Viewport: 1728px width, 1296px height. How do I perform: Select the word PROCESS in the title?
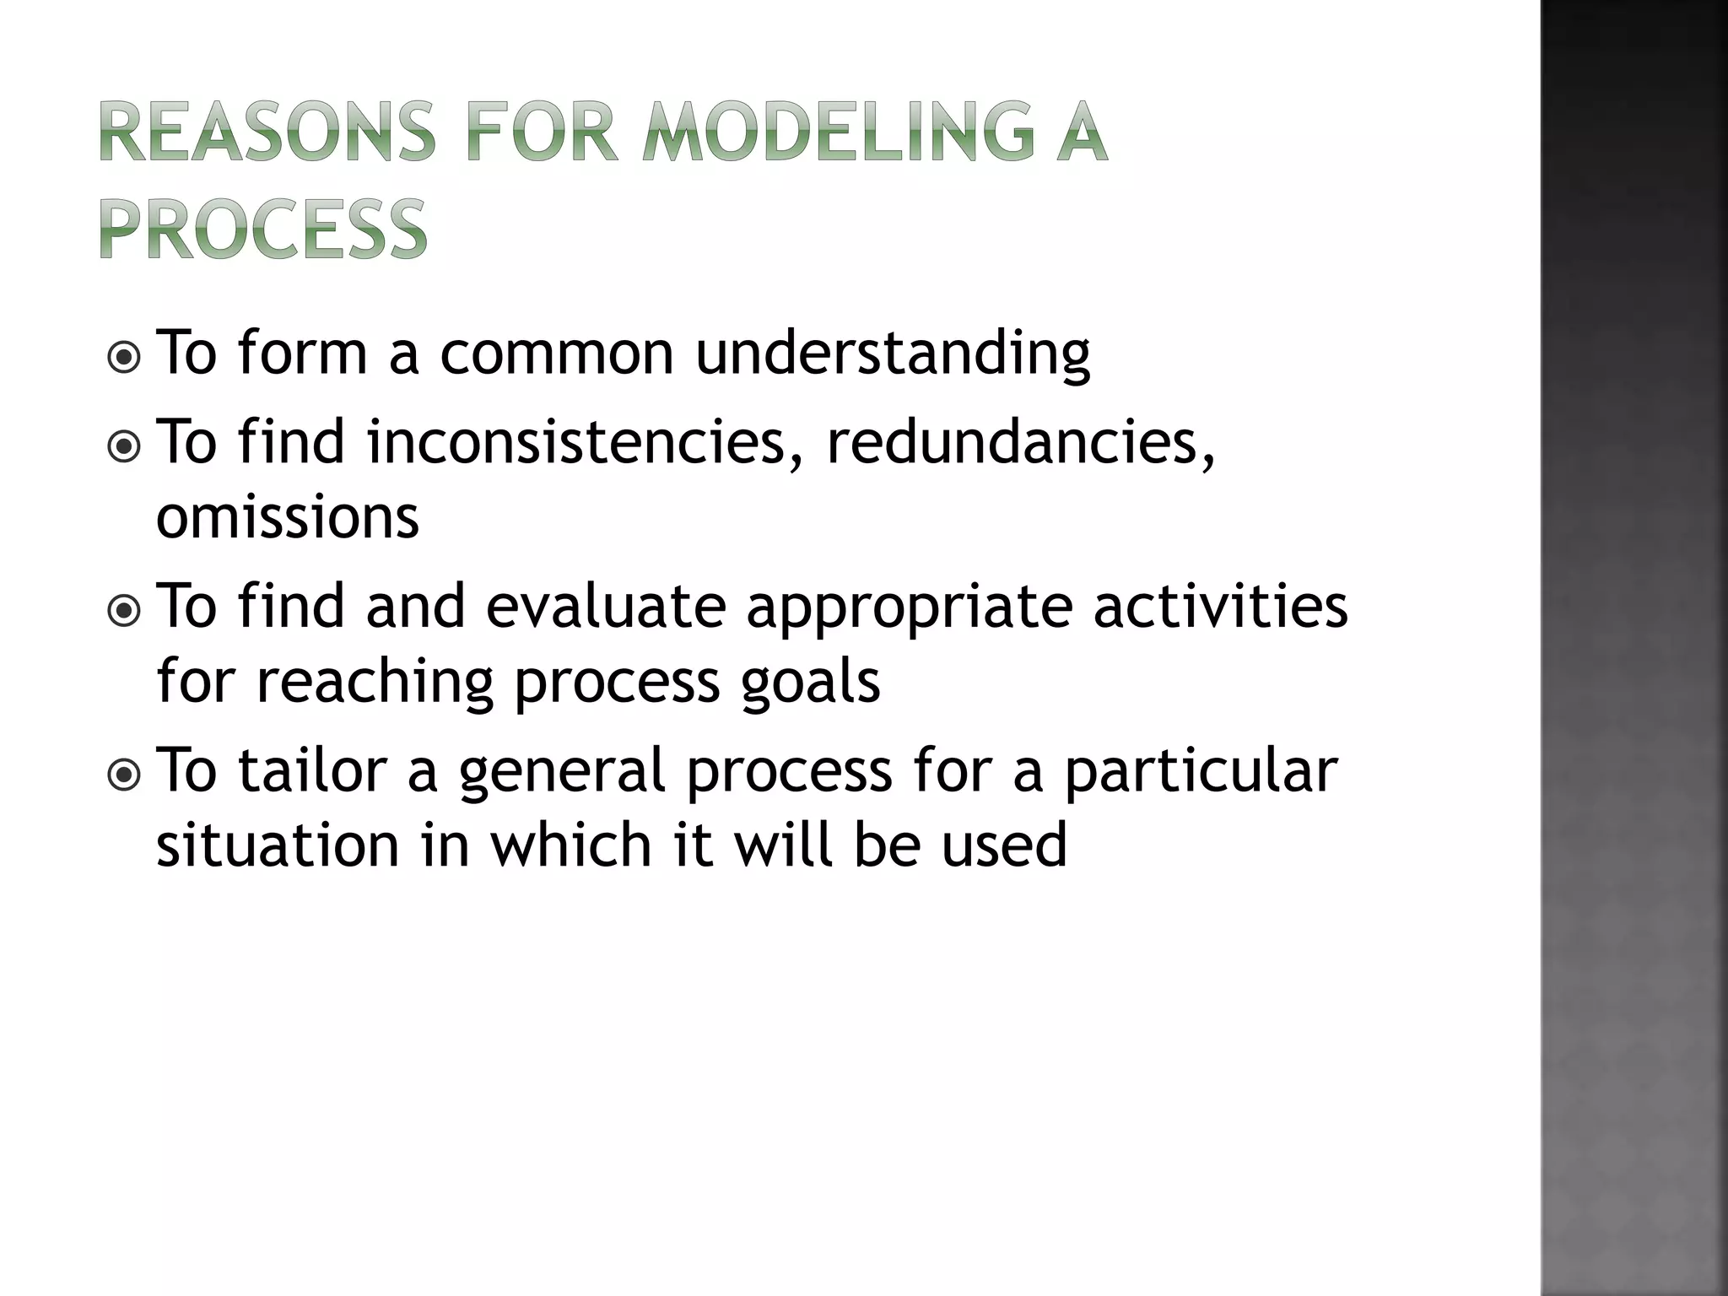tap(264, 229)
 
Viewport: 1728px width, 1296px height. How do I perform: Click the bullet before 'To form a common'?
tap(125, 358)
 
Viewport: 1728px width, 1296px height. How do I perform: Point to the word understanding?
tap(892, 354)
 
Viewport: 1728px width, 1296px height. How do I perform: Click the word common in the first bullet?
tap(556, 354)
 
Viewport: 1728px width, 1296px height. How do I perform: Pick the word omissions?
tap(288, 517)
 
